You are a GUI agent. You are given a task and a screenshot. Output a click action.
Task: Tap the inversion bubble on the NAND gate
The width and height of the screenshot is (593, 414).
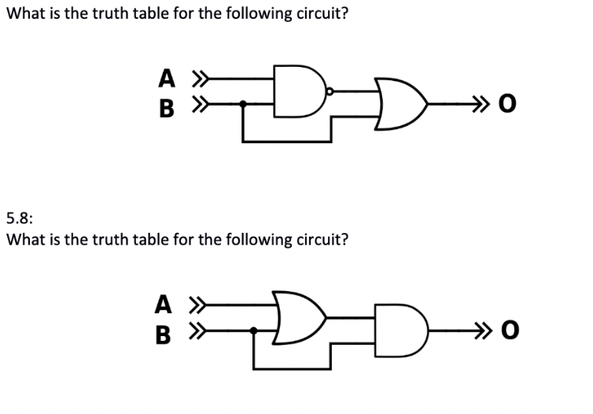coord(330,92)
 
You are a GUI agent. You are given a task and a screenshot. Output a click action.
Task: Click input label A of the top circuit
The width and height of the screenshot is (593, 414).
coord(166,79)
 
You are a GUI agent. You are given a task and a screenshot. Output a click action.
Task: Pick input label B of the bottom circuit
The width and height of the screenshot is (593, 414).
coord(164,332)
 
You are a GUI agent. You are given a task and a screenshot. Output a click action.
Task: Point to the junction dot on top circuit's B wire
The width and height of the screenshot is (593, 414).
coord(243,103)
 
